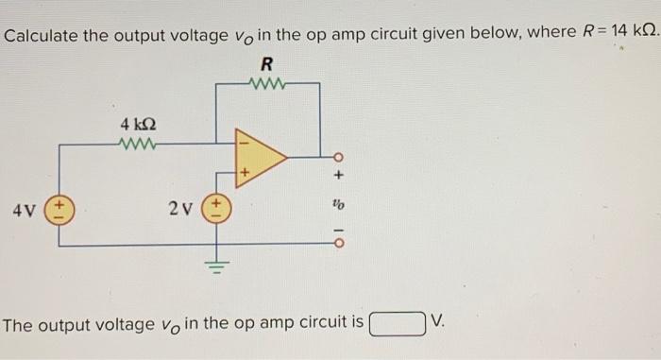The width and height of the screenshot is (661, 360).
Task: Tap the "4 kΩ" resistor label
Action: pos(139,124)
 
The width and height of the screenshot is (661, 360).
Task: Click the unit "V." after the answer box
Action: pos(436,324)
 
